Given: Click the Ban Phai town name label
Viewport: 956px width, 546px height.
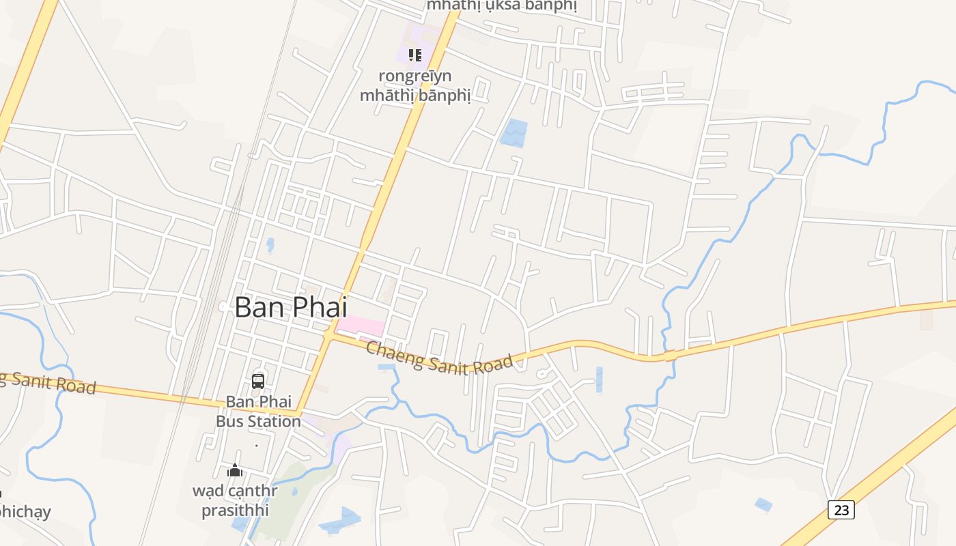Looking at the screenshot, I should (x=291, y=307).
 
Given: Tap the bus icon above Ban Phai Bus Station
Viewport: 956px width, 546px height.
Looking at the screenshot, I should (x=258, y=381).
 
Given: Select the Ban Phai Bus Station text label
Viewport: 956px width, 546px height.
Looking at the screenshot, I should (x=258, y=412).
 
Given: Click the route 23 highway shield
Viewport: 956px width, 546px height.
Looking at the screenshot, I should (x=841, y=510).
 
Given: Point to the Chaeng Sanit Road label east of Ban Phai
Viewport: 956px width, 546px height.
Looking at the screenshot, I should (x=439, y=358).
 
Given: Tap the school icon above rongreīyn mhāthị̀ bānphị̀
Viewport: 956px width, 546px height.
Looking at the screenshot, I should (x=414, y=55).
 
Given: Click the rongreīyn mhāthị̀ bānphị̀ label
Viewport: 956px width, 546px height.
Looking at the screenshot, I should (x=415, y=85).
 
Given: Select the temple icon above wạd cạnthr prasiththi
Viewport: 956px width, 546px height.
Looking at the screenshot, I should (x=235, y=470).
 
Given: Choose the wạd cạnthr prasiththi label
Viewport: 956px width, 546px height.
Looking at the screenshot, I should (x=235, y=500).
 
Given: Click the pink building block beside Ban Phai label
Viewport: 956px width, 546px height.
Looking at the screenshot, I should (x=361, y=326).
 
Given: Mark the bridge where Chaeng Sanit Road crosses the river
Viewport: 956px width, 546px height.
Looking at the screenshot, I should (x=670, y=355).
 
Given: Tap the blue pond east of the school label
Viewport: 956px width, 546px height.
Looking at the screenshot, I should (x=514, y=133).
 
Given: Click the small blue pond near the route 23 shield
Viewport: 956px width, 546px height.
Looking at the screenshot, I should (x=763, y=505).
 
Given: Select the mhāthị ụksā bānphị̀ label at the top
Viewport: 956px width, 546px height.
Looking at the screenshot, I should (x=502, y=5).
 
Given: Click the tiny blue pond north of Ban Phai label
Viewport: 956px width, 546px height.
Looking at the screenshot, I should (x=270, y=244).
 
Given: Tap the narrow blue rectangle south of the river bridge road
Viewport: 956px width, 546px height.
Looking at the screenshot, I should (x=600, y=379).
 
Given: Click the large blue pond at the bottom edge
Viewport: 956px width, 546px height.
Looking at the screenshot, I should (x=341, y=521).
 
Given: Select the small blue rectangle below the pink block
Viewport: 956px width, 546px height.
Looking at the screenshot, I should (x=386, y=367).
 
